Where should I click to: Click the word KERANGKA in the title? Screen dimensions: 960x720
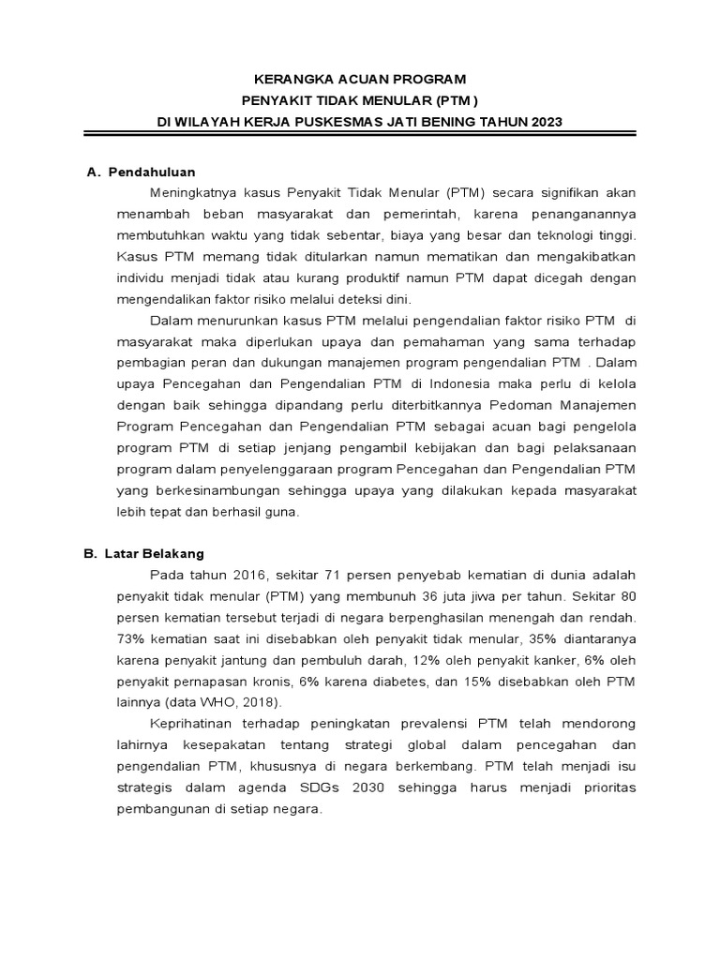tap(292, 79)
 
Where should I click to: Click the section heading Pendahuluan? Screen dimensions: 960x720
tap(152, 172)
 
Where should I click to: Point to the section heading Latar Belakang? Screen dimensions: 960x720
tap(157, 554)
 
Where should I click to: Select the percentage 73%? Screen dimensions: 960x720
tap(130, 638)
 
